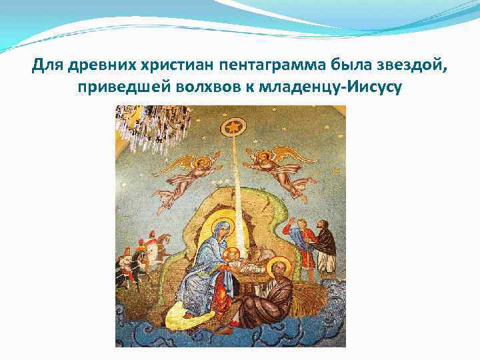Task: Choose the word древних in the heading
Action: click(x=96, y=67)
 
